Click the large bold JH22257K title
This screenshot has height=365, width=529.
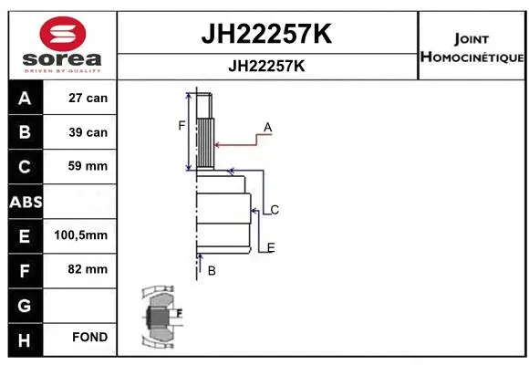point(265,35)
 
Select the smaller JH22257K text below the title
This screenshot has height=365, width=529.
point(265,67)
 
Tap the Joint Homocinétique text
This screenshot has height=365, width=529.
point(472,48)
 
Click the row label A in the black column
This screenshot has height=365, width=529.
point(24,98)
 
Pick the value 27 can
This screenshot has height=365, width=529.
point(88,98)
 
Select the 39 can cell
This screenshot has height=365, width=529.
point(88,132)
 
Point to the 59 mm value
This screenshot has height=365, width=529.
point(88,167)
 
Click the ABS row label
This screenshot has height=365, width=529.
point(24,202)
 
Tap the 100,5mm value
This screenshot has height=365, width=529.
point(82,235)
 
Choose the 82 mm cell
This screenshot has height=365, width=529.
point(88,269)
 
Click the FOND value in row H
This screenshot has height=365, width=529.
point(89,338)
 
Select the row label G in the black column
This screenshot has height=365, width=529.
point(24,304)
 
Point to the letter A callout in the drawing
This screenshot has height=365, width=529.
point(268,126)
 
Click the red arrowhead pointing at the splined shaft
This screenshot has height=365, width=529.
point(216,142)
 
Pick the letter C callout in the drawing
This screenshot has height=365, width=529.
point(274,210)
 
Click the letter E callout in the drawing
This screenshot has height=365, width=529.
point(271,247)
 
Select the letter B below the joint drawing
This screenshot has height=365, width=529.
point(212,270)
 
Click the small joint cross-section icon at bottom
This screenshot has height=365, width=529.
point(159,317)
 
